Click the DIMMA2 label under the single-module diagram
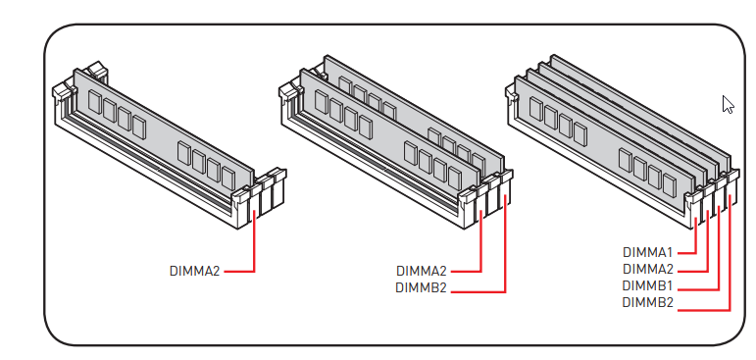(194, 271)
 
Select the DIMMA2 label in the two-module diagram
(421, 271)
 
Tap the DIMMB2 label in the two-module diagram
(421, 287)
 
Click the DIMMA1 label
(647, 252)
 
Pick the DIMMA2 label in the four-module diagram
(647, 270)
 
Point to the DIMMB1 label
(647, 286)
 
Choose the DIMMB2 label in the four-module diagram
(647, 302)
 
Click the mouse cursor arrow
(728, 105)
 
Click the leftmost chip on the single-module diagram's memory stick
(95, 102)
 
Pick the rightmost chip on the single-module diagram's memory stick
(228, 179)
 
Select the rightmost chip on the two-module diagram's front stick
(455, 179)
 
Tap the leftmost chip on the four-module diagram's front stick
(535, 109)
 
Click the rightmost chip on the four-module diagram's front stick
(670, 184)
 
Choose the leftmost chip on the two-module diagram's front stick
(322, 102)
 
